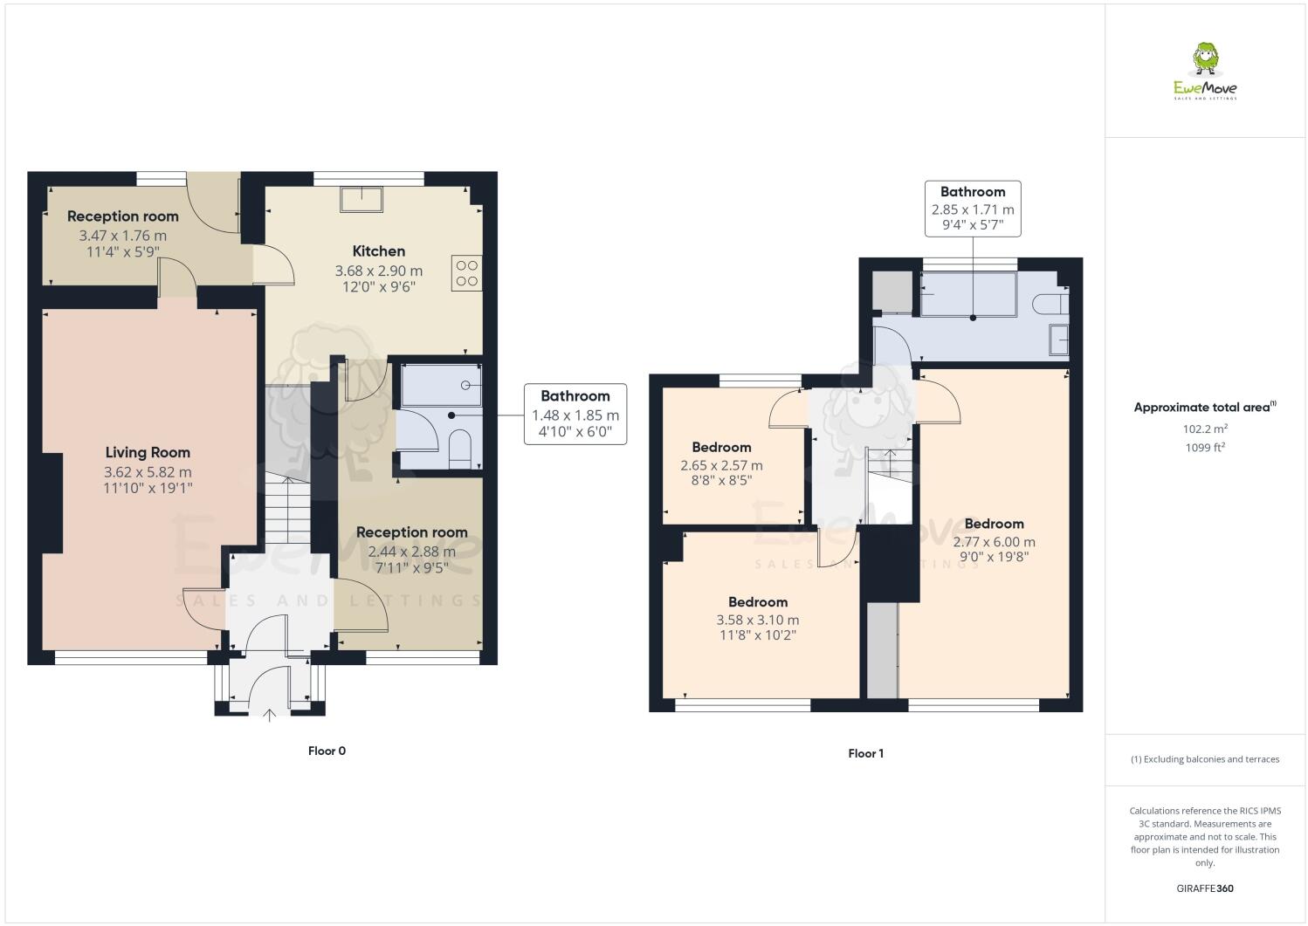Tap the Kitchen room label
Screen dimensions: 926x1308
click(x=378, y=251)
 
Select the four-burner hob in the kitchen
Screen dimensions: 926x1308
click(x=466, y=271)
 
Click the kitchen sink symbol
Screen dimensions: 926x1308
click(x=361, y=199)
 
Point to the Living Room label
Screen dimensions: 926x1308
click(x=148, y=452)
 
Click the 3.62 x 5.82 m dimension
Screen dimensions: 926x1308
click(x=148, y=472)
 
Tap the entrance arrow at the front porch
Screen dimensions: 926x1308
click(x=270, y=715)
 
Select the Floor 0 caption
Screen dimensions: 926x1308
click(x=327, y=751)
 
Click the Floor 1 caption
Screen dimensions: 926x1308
click(x=865, y=753)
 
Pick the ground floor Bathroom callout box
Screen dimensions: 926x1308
click(x=575, y=414)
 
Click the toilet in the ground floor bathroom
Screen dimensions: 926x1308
click(x=459, y=449)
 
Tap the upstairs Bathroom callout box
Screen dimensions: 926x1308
click(x=973, y=209)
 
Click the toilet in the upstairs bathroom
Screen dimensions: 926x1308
click(x=1049, y=304)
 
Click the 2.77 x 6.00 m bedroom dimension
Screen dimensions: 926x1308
click(x=994, y=542)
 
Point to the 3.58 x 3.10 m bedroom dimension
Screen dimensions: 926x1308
click(x=757, y=621)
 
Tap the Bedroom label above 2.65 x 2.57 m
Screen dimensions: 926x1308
click(x=721, y=447)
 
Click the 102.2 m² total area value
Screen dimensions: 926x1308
click(x=1205, y=429)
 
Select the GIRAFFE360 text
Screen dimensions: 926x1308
click(x=1205, y=888)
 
